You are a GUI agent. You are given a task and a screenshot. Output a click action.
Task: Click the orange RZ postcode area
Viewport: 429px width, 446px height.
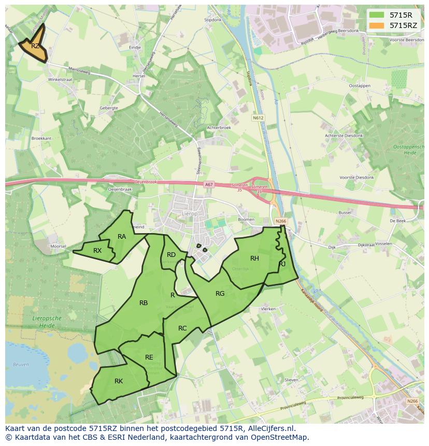pos(34,46)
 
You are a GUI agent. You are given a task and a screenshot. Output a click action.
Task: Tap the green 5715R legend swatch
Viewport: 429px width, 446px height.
pos(377,15)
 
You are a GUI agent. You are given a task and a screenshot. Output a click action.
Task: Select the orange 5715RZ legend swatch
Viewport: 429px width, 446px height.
pos(377,25)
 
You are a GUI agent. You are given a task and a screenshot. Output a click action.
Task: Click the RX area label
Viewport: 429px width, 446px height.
pos(97,251)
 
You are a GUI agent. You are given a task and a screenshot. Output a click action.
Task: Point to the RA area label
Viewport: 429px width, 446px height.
pos(122,237)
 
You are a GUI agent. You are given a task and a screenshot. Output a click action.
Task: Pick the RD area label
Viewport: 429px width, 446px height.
pos(171,254)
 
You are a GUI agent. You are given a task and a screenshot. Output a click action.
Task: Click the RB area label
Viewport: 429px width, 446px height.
pos(144,303)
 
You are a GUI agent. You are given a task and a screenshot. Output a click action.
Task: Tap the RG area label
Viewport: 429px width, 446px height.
pos(220,294)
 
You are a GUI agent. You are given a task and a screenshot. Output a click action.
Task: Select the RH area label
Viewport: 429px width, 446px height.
pos(254,258)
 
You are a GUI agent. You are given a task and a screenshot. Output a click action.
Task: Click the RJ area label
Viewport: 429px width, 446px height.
pos(282,264)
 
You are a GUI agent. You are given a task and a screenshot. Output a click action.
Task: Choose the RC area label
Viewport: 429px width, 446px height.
pos(182,328)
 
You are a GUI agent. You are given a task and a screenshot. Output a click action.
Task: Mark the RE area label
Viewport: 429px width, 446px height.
pos(149,357)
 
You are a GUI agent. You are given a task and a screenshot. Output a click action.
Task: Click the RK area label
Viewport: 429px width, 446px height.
pos(119,381)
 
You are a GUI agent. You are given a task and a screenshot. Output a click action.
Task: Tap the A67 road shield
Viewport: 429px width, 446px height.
pos(208,184)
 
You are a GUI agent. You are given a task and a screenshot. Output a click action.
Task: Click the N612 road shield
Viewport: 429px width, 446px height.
pos(258,118)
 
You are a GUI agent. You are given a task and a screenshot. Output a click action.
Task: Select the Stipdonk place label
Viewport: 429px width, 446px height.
pos(212,20)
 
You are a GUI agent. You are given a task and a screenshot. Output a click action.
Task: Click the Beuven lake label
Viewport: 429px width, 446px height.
pos(21,365)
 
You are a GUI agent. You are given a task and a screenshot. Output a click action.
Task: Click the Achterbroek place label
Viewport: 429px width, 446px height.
pos(219,127)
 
